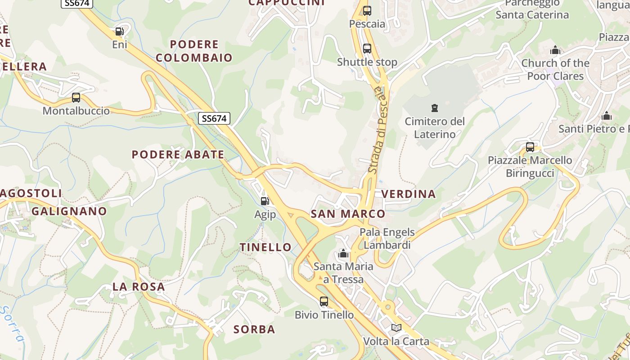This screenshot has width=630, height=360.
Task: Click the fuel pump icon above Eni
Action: (119, 31)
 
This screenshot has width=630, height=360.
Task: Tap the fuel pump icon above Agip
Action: (265, 201)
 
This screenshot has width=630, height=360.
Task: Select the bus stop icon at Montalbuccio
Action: (76, 98)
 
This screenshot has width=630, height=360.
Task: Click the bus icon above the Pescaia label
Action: (367, 11)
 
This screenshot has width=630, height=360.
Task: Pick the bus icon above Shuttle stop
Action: (367, 49)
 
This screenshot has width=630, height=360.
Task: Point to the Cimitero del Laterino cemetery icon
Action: (435, 108)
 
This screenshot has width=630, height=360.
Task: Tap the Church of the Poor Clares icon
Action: (555, 50)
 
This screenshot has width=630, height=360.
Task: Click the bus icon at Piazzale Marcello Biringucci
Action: (530, 147)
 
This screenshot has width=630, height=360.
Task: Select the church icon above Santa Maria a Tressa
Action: (343, 254)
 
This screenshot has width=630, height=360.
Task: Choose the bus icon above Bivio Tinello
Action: (324, 301)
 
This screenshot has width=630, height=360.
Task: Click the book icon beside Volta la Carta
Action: (396, 328)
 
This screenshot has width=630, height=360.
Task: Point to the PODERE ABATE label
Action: (178, 154)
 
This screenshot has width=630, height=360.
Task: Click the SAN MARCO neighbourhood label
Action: (348, 214)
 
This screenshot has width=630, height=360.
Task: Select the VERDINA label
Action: (409, 194)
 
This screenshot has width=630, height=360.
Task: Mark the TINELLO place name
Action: (265, 247)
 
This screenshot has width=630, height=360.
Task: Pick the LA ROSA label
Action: (139, 287)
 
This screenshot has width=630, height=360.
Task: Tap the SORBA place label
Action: (254, 329)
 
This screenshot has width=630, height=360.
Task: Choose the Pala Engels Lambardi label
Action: (387, 238)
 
